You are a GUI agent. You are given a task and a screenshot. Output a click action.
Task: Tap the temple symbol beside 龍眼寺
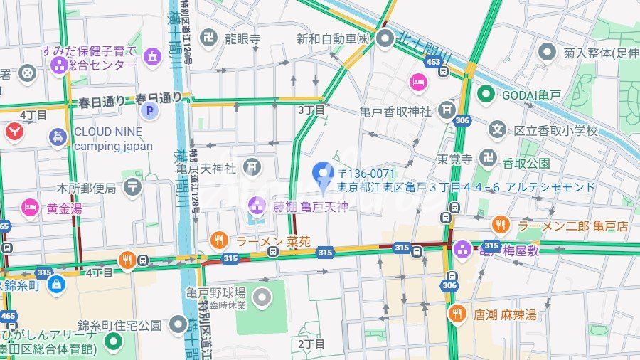click(208, 38)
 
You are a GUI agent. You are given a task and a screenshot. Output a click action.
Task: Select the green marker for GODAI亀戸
click(486, 93)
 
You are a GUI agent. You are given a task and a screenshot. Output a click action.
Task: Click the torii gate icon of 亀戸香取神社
click(447, 110)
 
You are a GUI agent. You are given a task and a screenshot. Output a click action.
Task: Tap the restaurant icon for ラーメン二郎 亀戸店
click(501, 226)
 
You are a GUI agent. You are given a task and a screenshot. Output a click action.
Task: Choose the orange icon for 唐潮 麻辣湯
click(457, 314)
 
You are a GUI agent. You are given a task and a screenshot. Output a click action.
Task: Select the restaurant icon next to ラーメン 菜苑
click(220, 241)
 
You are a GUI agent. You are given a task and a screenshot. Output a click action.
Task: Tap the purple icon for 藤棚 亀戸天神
click(256, 208)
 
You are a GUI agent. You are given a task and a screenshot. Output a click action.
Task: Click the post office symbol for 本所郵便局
click(132, 188)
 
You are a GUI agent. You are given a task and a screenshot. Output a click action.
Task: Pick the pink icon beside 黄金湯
click(30, 208)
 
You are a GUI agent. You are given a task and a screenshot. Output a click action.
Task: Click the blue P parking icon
click(149, 110)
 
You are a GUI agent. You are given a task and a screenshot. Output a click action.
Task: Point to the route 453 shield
click(432, 63)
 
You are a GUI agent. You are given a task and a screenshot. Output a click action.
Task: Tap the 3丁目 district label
click(311, 110)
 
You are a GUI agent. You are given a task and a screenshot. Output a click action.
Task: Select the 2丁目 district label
click(311, 344)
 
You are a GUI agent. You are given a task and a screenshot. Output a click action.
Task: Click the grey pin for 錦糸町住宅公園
click(179, 326)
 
